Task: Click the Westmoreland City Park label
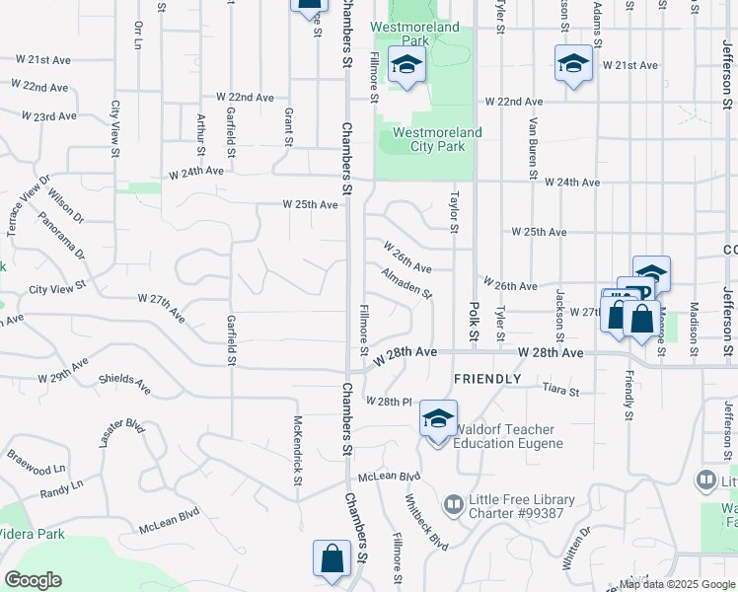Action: (x=437, y=139)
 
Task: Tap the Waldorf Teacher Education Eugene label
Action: (x=504, y=436)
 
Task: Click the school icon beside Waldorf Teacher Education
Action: (x=438, y=418)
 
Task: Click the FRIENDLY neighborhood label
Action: (x=486, y=379)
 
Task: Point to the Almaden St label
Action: (x=406, y=283)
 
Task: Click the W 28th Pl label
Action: (x=387, y=402)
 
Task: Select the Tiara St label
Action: (x=560, y=391)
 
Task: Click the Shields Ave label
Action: (x=124, y=383)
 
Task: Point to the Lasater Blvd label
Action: (x=120, y=438)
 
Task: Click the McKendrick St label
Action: (x=297, y=451)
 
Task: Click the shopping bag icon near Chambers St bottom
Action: (x=332, y=557)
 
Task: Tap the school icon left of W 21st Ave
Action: (x=573, y=64)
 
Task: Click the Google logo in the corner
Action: (x=34, y=579)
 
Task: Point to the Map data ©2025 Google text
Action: (x=677, y=584)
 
